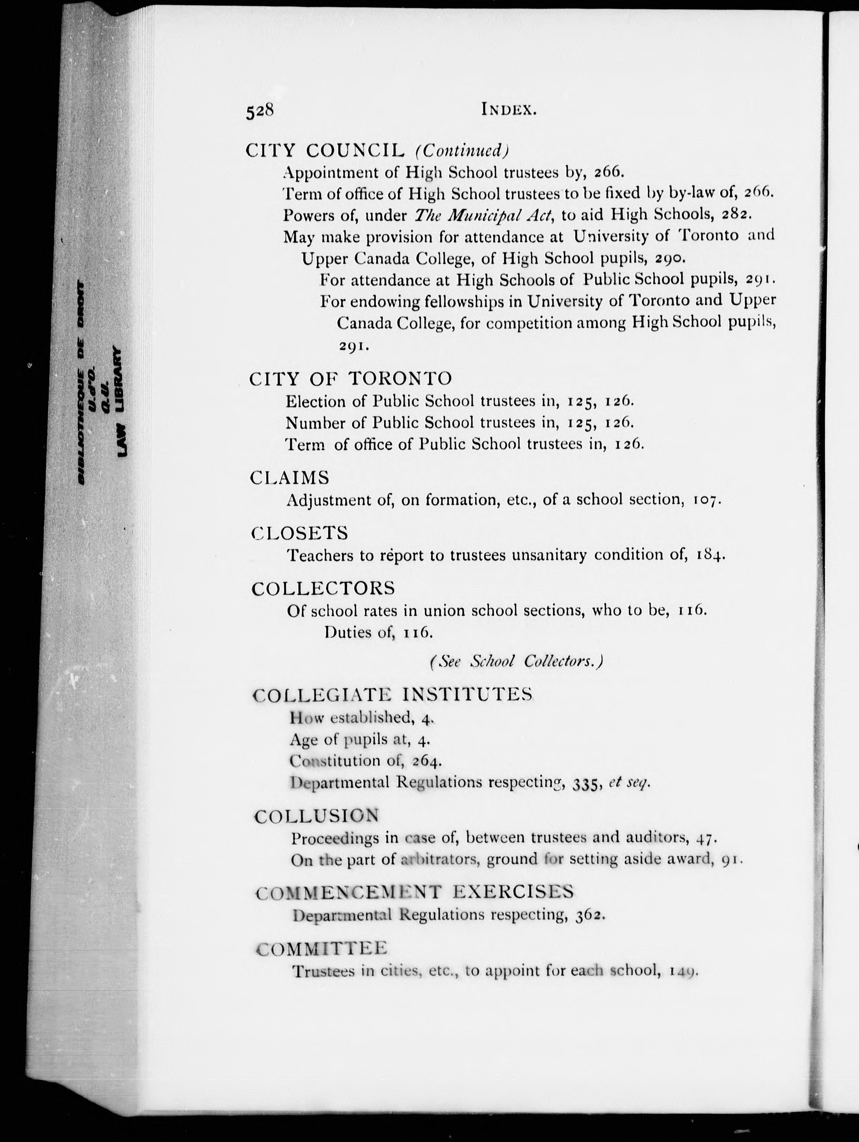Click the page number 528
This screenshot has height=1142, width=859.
(x=259, y=111)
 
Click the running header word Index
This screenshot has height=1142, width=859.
(x=509, y=110)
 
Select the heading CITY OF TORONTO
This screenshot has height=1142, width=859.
(x=350, y=379)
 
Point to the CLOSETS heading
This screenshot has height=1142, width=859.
(x=300, y=533)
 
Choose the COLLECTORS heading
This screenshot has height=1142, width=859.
(x=323, y=588)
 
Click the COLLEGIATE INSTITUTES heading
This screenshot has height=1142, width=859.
(x=392, y=695)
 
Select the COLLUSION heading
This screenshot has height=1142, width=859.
(x=317, y=816)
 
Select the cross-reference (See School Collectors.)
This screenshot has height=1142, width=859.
(x=516, y=662)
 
